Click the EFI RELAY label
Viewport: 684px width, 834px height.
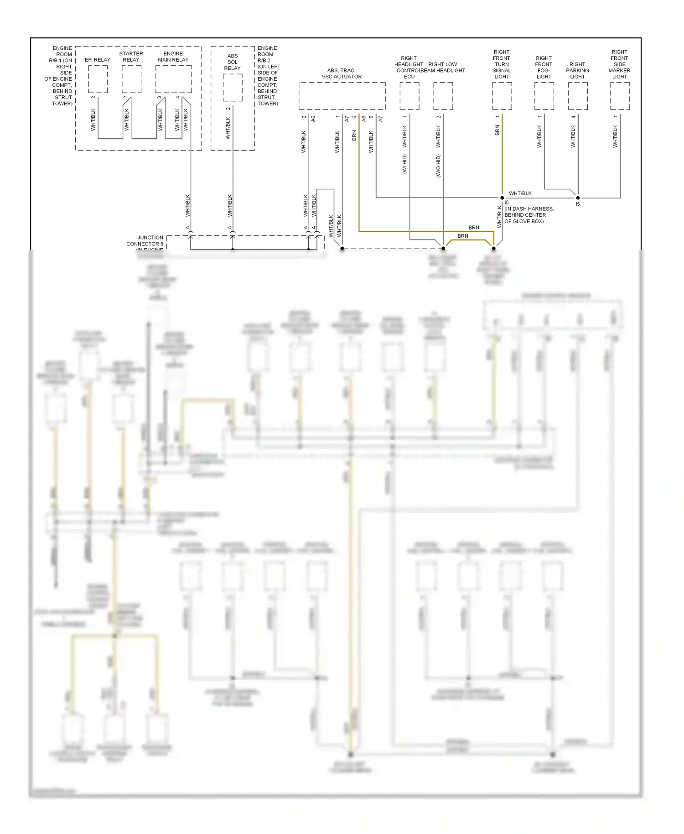[x=98, y=60]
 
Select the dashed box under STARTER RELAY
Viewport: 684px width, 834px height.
[x=131, y=79]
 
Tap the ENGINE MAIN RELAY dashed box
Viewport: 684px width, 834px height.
[x=173, y=79]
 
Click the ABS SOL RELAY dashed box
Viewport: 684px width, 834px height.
[x=233, y=87]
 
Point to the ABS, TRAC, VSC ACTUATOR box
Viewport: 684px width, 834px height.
[x=342, y=96]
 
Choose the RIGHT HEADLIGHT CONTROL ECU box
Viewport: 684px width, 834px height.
[x=409, y=96]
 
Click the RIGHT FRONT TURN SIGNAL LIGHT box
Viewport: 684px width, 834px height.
[x=502, y=96]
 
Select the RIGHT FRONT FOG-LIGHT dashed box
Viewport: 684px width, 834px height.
[x=544, y=96]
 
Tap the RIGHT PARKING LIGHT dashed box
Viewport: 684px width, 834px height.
[x=578, y=96]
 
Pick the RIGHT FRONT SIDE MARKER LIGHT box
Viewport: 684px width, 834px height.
[x=620, y=96]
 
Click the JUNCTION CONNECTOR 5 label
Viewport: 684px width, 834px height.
[x=145, y=241]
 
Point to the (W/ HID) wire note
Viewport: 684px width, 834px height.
[x=404, y=164]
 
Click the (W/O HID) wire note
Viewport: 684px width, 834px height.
[x=438, y=165]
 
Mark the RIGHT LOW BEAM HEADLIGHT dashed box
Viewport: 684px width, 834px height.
[x=443, y=96]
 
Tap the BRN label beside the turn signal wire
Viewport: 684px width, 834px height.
[x=497, y=131]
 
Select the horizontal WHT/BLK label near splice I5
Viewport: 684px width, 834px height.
[x=520, y=193]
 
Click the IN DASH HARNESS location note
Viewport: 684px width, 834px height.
[x=529, y=215]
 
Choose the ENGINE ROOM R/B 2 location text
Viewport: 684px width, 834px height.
[x=268, y=76]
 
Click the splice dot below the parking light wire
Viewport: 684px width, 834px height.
[x=578, y=198]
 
